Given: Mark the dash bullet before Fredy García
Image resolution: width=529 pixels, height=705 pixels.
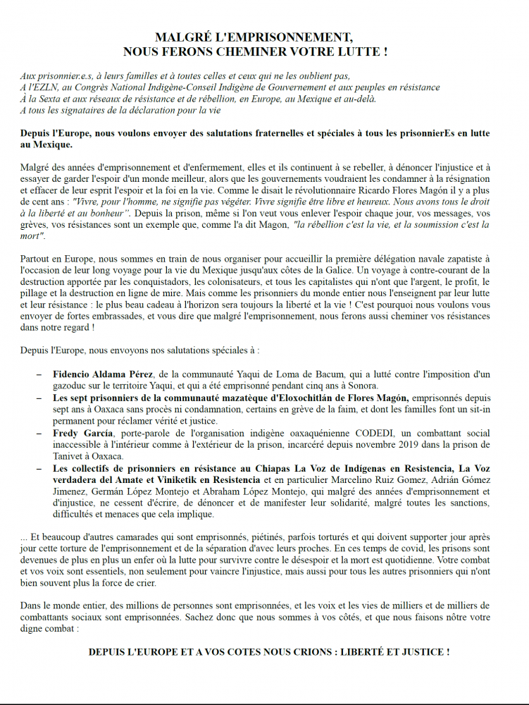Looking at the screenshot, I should click(39, 432).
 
